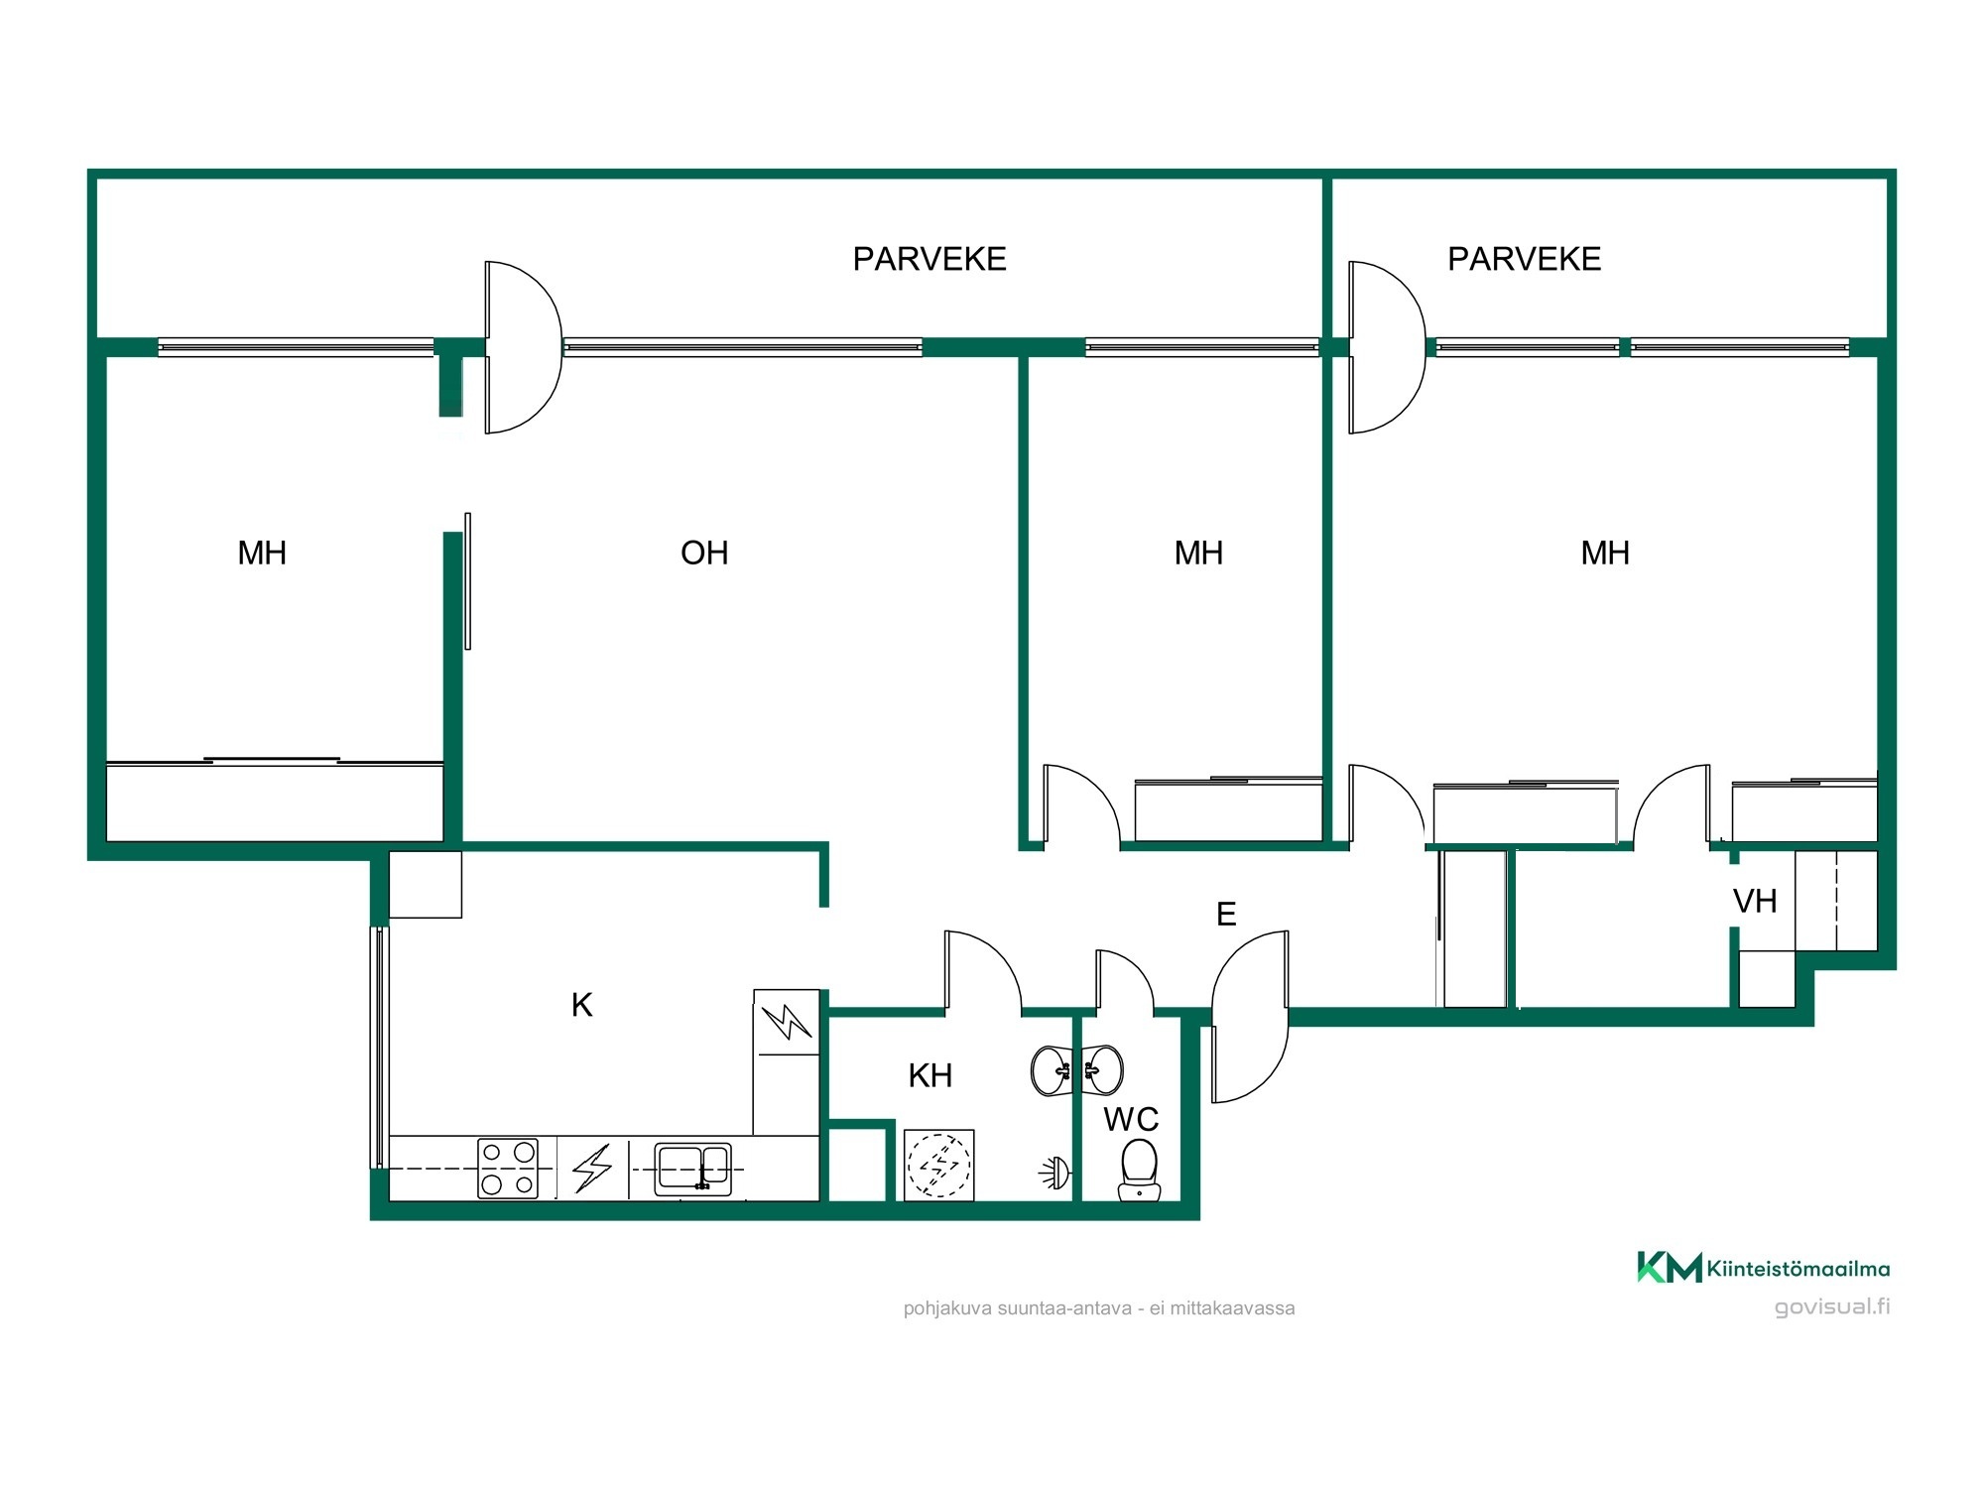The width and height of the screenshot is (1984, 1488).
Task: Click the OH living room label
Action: tap(704, 553)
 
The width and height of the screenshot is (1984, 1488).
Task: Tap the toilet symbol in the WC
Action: tap(1139, 1170)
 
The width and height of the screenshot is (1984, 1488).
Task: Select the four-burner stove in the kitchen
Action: tap(508, 1169)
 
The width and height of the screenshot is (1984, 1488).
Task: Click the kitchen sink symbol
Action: tap(692, 1169)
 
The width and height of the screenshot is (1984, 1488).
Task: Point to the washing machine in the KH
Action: tap(938, 1165)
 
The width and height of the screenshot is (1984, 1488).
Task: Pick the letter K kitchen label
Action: tap(582, 1005)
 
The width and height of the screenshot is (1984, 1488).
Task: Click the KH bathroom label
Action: tap(930, 1075)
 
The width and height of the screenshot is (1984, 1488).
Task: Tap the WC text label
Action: tap(1131, 1119)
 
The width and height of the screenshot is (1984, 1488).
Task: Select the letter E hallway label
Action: tap(1226, 914)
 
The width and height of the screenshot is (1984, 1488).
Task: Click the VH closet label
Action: tap(1755, 901)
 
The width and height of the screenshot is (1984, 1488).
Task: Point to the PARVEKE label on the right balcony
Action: tap(1524, 259)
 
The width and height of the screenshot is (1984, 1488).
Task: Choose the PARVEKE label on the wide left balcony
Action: tap(930, 259)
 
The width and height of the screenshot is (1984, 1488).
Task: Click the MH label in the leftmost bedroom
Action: tap(262, 553)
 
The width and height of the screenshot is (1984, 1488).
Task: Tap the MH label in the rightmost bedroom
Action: tap(1605, 553)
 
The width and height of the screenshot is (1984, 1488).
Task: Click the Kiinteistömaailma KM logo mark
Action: tap(1669, 1267)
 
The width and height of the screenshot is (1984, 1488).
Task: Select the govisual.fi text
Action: tap(1832, 1306)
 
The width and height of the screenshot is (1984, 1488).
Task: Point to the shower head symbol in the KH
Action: tap(1055, 1174)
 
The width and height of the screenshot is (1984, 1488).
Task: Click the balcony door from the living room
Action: tap(523, 347)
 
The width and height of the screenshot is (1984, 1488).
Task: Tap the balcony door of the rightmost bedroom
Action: tap(1387, 347)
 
